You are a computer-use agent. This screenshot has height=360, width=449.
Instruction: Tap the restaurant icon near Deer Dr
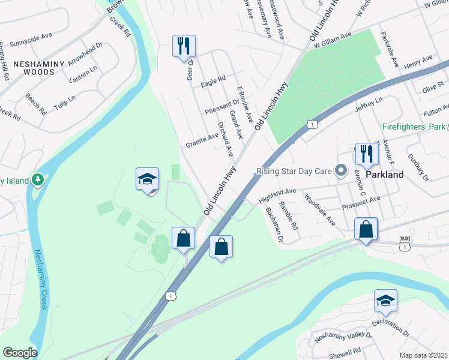pyautogui.click(x=184, y=46)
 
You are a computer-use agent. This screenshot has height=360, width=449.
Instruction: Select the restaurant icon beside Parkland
pyautogui.click(x=366, y=154)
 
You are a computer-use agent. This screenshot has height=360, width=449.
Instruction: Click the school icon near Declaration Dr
pyautogui.click(x=385, y=301)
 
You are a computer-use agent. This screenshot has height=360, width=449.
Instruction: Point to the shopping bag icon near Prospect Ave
pyautogui.click(x=366, y=229)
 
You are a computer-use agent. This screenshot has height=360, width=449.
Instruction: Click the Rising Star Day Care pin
pyautogui.click(x=342, y=172)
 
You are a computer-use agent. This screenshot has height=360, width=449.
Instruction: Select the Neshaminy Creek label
pyautogui.click(x=40, y=279)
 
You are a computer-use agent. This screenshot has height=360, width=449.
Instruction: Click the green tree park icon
pyautogui.click(x=38, y=179)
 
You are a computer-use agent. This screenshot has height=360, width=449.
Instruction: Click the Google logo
pyautogui.click(x=20, y=353)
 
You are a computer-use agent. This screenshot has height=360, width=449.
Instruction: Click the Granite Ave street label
pyautogui.click(x=202, y=140)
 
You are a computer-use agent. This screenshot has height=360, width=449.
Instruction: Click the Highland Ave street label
pyautogui.click(x=277, y=195)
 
